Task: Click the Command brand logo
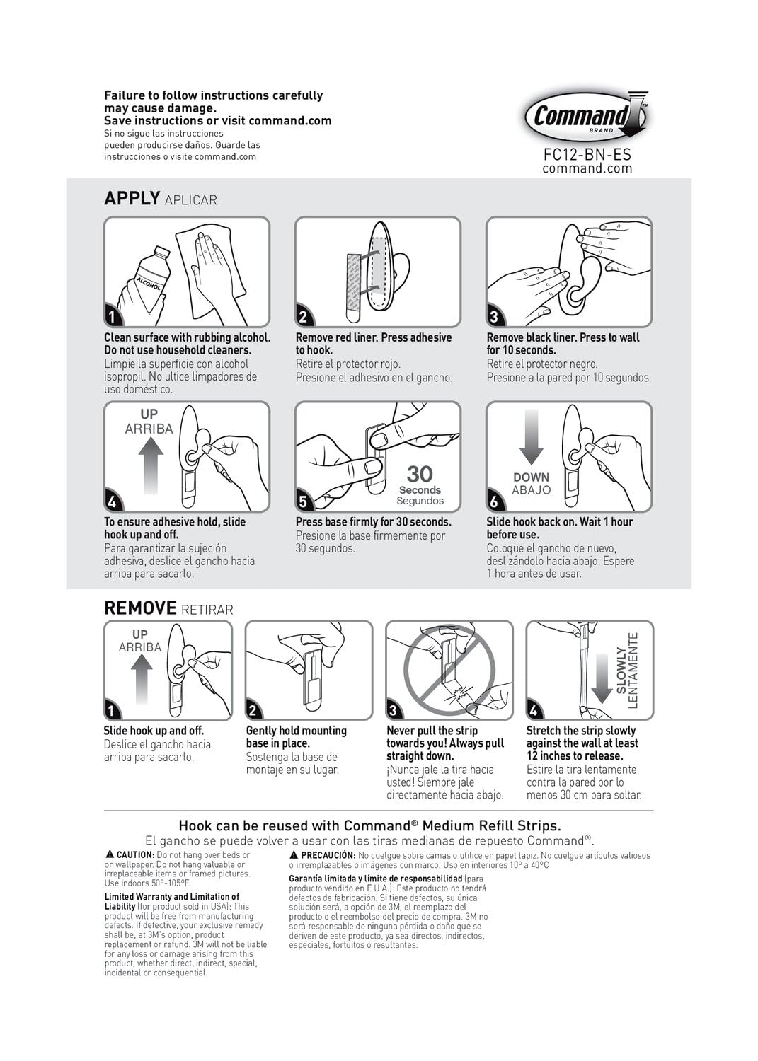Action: (x=586, y=116)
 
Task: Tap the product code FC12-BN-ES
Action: (x=587, y=154)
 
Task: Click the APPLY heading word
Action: (x=132, y=198)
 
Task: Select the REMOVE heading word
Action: (x=140, y=608)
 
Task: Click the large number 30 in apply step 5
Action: (x=420, y=474)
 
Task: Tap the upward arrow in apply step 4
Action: (x=150, y=464)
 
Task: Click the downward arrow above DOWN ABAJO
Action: (x=532, y=437)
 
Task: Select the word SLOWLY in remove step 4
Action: (x=621, y=669)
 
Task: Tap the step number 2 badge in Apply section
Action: (x=303, y=317)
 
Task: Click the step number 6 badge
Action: (x=494, y=502)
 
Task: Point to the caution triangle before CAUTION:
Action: (x=110, y=855)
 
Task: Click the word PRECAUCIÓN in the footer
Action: (x=328, y=855)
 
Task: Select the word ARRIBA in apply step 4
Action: (x=149, y=429)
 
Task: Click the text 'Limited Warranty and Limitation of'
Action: (x=172, y=897)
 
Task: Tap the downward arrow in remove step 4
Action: (x=602, y=677)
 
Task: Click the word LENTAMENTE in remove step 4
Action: (x=633, y=669)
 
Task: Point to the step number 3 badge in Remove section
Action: (x=394, y=710)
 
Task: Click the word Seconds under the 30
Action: (x=420, y=489)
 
